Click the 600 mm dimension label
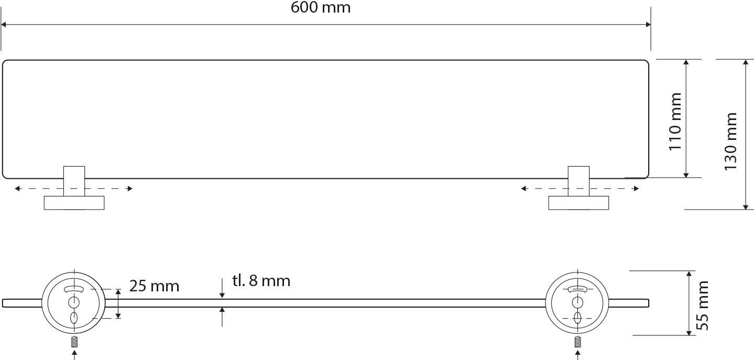[321, 7]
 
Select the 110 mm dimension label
[675, 122]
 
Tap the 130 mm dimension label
[731, 141]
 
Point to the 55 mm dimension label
[702, 306]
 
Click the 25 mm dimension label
[154, 286]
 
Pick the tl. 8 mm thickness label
[261, 280]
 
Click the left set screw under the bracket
[74, 343]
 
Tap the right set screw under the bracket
[577, 343]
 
